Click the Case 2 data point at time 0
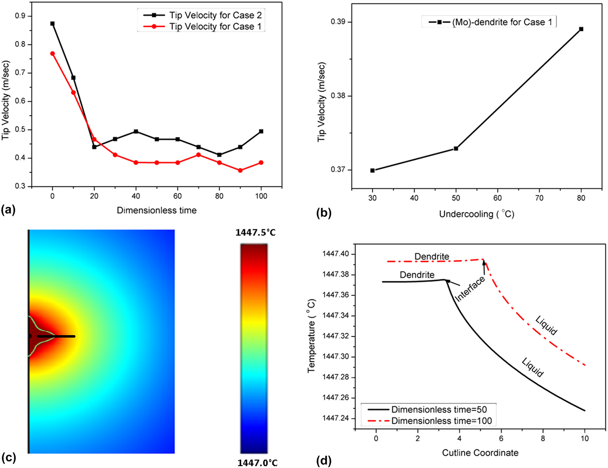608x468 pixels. [x=53, y=24]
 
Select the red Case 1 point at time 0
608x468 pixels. [x=53, y=53]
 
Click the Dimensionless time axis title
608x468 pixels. [x=156, y=210]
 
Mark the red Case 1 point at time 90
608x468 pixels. [x=240, y=170]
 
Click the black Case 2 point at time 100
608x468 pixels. [x=261, y=131]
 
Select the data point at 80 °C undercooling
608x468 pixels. [x=581, y=29]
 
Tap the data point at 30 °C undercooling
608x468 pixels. [x=372, y=170]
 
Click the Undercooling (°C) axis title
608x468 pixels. [x=477, y=214]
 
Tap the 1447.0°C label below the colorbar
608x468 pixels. [x=257, y=463]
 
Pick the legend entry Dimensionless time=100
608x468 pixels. [x=441, y=420]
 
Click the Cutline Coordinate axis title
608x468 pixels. [x=480, y=453]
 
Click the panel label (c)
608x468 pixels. [x=8, y=458]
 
